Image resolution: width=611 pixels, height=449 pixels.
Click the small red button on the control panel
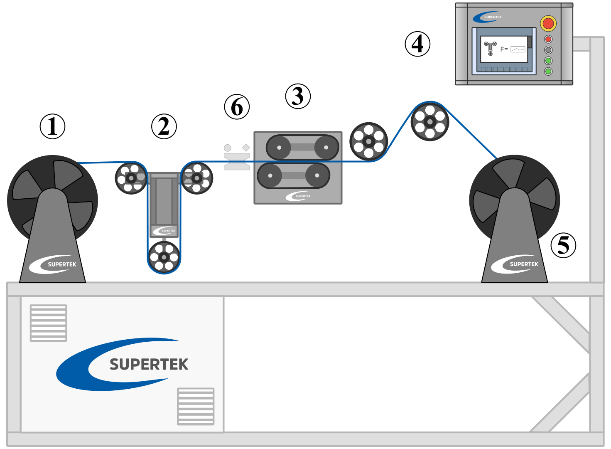548,39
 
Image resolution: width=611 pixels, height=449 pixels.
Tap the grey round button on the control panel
548,50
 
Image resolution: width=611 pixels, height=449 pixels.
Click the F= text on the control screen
504,49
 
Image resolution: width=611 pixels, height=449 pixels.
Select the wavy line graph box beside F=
518,49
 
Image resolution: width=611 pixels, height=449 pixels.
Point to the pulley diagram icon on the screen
491,48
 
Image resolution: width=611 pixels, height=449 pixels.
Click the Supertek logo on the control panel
488,17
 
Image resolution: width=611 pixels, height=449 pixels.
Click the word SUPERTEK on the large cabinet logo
149,365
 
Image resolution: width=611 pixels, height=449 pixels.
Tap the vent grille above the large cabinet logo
48,323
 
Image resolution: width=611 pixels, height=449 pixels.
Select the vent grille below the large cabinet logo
196,406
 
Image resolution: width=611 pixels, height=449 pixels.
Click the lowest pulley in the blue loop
164,257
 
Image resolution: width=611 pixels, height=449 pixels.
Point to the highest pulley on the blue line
430,121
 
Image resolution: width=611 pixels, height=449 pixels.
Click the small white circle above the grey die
228,148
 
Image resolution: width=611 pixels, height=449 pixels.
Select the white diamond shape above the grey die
246,148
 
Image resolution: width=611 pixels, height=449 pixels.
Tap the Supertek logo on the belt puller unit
298,196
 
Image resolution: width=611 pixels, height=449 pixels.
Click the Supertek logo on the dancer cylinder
164,230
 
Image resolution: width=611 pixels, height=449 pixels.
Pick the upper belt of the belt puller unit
302,147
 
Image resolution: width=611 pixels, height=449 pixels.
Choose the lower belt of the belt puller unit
294,175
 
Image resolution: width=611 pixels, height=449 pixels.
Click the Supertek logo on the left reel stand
53,264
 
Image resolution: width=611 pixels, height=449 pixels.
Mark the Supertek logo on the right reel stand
515,264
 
